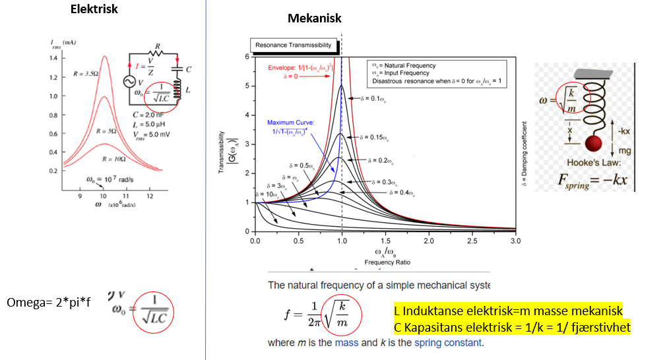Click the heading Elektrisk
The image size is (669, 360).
click(x=94, y=9)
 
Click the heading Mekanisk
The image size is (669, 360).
click(x=315, y=18)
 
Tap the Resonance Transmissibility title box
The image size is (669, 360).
click(x=294, y=45)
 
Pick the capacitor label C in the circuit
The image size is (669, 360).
click(x=189, y=69)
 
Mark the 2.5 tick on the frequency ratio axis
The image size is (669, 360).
click(x=472, y=241)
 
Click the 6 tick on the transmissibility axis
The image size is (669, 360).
click(x=247, y=57)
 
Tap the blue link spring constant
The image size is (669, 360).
click(x=448, y=343)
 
